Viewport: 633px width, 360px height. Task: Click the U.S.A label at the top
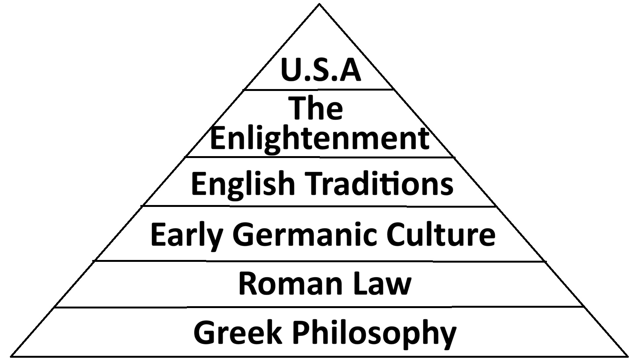coord(321,70)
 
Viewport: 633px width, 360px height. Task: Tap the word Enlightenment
coord(320,139)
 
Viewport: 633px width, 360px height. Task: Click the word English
coord(243,184)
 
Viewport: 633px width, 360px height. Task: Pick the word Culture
coord(441,234)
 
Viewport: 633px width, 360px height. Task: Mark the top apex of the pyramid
coord(320,4)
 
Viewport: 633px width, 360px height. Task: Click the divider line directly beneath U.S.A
coord(318,89)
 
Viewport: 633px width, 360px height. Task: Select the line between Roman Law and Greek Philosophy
coord(318,307)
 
